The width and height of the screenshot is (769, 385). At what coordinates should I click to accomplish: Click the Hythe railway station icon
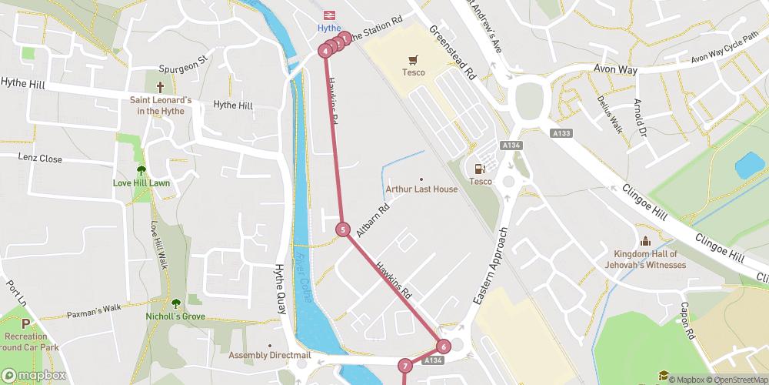328,15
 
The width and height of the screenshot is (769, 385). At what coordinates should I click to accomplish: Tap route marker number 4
326,51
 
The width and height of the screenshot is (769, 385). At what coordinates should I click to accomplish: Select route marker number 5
343,229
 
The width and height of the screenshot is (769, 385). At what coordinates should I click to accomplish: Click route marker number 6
444,346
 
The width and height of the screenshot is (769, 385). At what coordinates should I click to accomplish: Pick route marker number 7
405,366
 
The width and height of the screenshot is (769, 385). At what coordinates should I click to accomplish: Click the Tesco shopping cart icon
414,59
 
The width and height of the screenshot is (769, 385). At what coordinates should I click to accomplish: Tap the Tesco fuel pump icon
481,169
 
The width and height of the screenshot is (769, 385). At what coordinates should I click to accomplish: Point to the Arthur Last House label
421,189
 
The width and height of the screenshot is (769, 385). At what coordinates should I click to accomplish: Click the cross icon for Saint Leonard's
160,87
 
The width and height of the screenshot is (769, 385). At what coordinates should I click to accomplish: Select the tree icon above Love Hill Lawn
141,170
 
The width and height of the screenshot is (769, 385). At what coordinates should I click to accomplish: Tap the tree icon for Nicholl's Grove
177,303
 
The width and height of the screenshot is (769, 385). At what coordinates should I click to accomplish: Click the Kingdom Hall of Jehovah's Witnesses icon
644,242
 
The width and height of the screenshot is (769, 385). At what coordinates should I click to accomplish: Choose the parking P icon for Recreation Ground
25,324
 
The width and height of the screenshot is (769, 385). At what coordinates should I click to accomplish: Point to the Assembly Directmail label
269,355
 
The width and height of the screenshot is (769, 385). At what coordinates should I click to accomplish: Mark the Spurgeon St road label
183,62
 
